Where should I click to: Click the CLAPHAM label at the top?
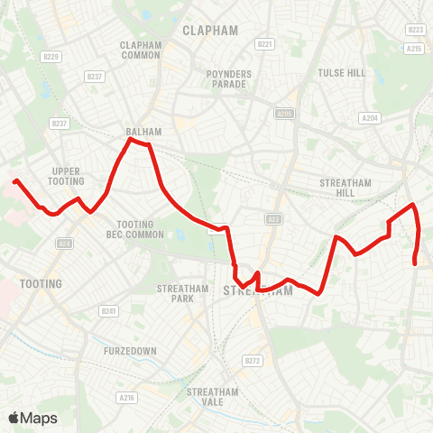click(x=210, y=30)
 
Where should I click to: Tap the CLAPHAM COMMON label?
click(x=140, y=50)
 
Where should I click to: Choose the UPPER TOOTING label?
click(x=68, y=176)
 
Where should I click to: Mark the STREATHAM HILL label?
click(x=345, y=188)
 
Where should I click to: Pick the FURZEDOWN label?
click(x=124, y=350)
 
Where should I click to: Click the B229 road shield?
click(x=51, y=57)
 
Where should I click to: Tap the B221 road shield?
click(x=264, y=43)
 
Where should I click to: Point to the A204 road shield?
click(x=369, y=117)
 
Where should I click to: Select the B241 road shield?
click(x=109, y=311)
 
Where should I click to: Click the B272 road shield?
click(x=253, y=361)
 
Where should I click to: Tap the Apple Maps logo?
click(x=32, y=418)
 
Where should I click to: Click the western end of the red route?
click(x=15, y=181)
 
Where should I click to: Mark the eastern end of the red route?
click(x=415, y=263)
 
